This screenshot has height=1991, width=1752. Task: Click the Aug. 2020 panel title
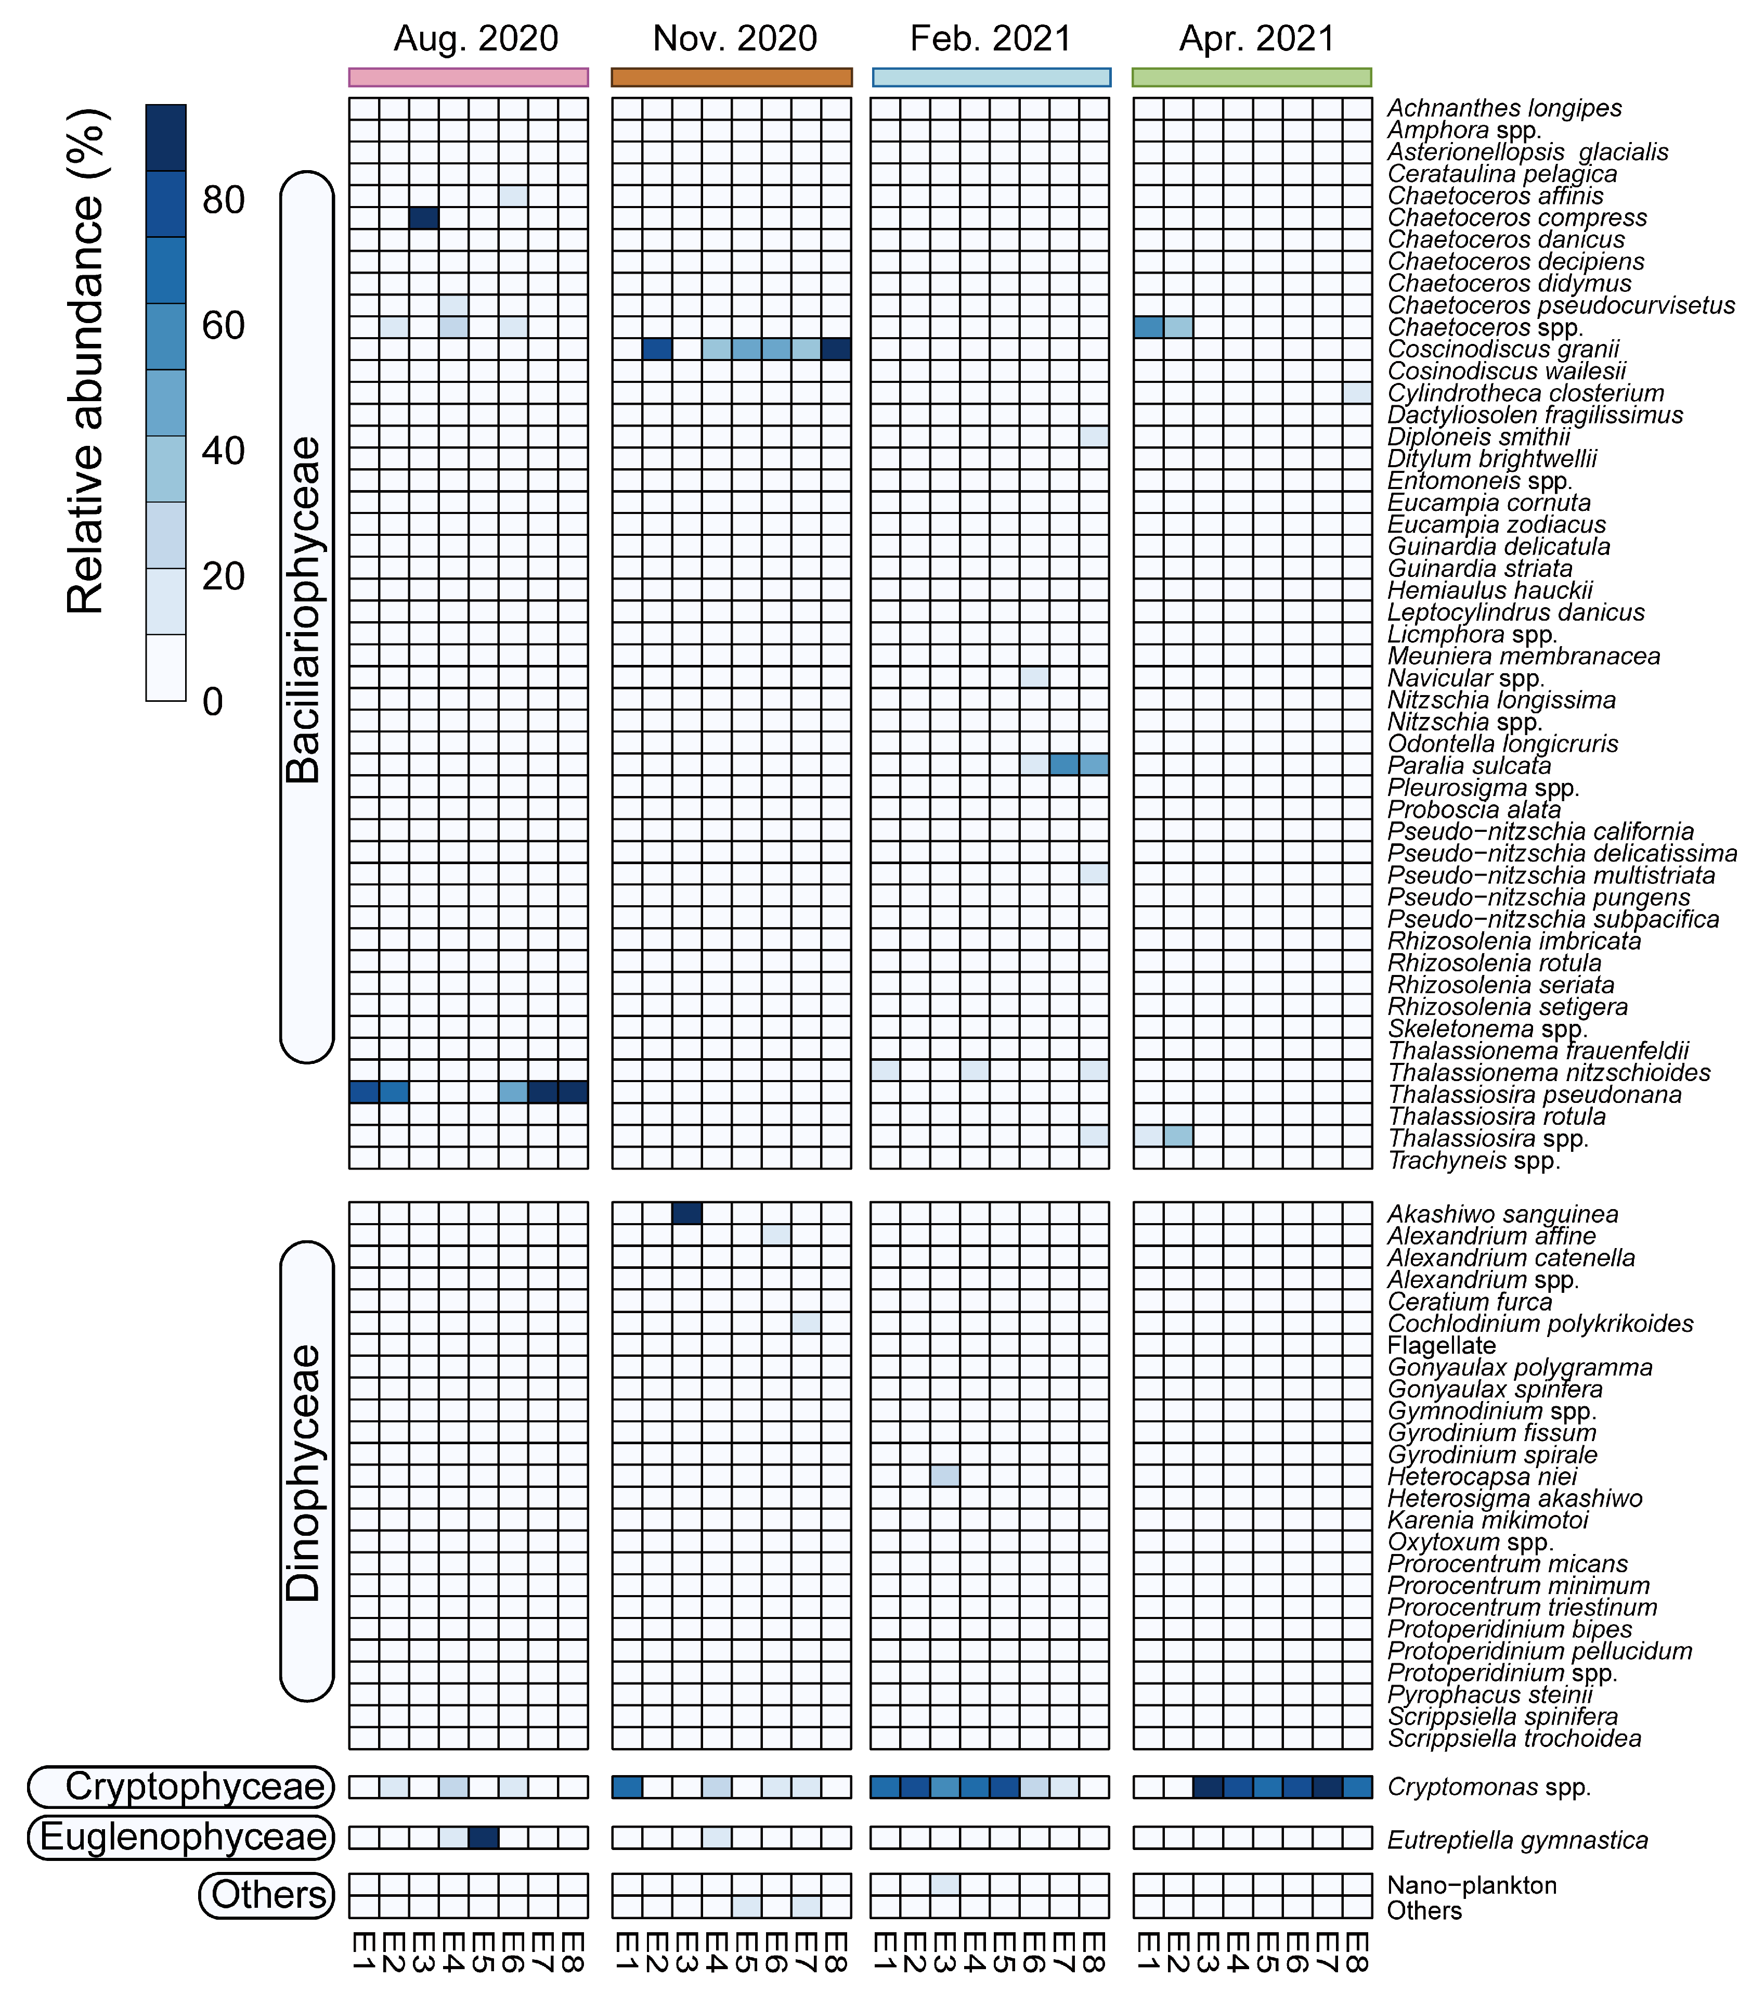point(475,39)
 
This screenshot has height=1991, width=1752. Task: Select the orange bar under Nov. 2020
point(731,77)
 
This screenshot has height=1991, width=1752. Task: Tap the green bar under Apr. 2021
point(1251,77)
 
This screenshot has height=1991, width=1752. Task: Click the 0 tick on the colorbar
point(212,701)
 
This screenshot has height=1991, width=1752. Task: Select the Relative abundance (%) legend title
point(86,361)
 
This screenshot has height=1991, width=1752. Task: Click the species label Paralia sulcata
point(1469,766)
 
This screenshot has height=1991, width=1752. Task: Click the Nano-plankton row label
point(1472,1885)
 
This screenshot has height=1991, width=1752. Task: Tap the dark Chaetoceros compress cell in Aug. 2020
point(424,217)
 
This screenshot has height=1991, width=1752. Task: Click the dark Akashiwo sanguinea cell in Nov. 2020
point(686,1213)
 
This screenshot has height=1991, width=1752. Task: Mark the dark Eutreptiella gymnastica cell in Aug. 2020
point(483,1837)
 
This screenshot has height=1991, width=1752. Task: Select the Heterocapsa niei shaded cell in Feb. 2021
point(945,1476)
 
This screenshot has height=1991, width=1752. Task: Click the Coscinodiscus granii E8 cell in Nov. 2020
point(836,349)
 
